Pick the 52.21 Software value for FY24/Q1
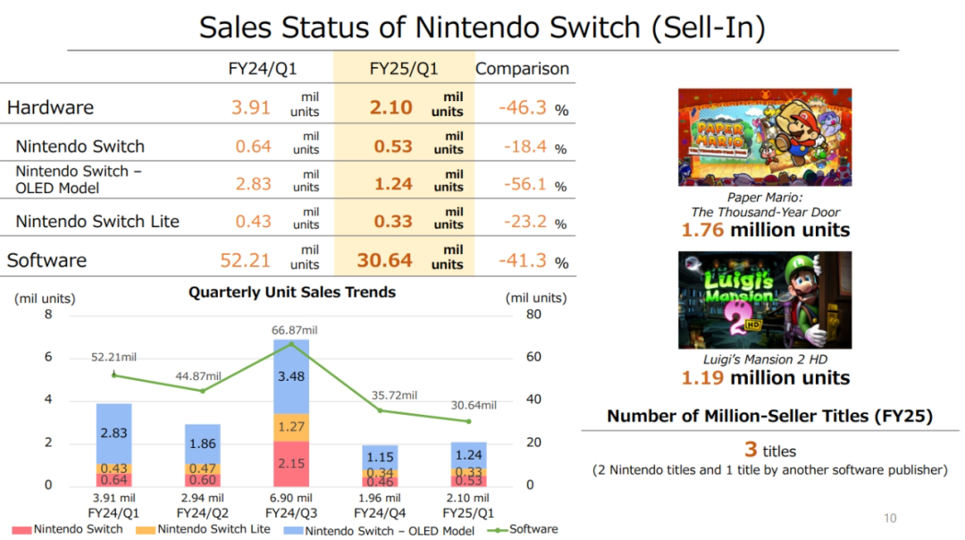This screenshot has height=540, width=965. click(x=246, y=260)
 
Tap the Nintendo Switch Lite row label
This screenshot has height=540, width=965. click(x=97, y=221)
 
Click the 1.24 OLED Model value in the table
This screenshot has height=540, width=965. click(x=393, y=183)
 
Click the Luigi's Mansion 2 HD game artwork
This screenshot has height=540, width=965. click(x=764, y=300)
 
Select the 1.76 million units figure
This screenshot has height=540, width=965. click(x=766, y=230)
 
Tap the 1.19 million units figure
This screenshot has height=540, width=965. click(x=766, y=377)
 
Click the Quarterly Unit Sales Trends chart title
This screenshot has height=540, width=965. click(x=292, y=291)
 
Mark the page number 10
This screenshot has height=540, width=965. click(x=889, y=518)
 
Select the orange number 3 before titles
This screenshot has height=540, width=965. click(x=751, y=449)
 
